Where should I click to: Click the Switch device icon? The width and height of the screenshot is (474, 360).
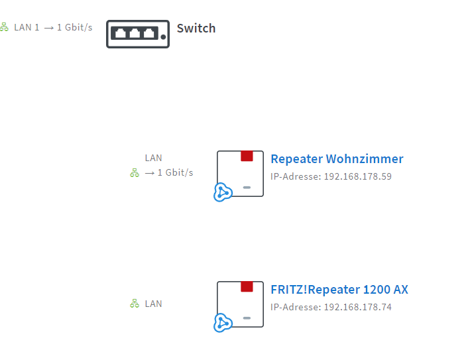tap(137, 33)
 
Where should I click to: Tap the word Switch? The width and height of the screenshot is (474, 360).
tap(196, 29)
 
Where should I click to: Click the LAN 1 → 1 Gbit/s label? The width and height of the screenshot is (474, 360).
tap(53, 28)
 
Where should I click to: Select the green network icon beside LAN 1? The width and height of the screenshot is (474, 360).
tap(4, 27)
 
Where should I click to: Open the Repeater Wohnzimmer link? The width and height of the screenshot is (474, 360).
tap(337, 159)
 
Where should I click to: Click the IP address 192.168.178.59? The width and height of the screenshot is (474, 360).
tap(357, 177)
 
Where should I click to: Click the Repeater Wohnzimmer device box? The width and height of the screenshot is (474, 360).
tap(240, 173)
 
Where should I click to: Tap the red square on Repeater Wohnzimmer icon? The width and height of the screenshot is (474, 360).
tap(247, 156)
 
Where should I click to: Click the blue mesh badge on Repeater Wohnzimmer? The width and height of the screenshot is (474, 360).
tap(223, 192)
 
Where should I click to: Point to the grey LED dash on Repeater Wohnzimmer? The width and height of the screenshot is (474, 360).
tap(247, 188)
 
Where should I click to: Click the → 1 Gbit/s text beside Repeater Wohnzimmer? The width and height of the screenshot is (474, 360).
tap(169, 173)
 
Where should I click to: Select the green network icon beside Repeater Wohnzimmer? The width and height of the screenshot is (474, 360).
tap(135, 173)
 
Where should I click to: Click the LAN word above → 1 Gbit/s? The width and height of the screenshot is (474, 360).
tap(153, 158)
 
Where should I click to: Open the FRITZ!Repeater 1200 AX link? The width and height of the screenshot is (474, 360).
tap(339, 290)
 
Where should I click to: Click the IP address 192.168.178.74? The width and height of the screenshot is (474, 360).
tap(357, 308)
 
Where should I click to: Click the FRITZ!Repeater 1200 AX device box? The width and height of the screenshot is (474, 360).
tap(240, 304)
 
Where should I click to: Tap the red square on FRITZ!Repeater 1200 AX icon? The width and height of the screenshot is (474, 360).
tap(247, 286)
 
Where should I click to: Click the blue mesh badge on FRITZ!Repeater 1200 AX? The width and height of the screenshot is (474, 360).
tap(223, 323)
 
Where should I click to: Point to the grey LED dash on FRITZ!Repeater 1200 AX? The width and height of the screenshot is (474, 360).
tap(247, 318)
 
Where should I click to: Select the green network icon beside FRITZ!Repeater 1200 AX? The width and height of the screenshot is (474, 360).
tap(135, 304)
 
